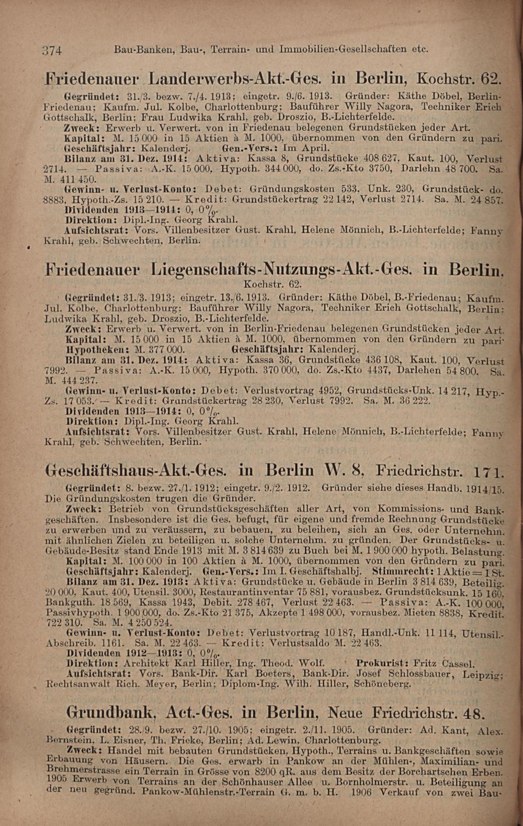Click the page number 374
52,51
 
